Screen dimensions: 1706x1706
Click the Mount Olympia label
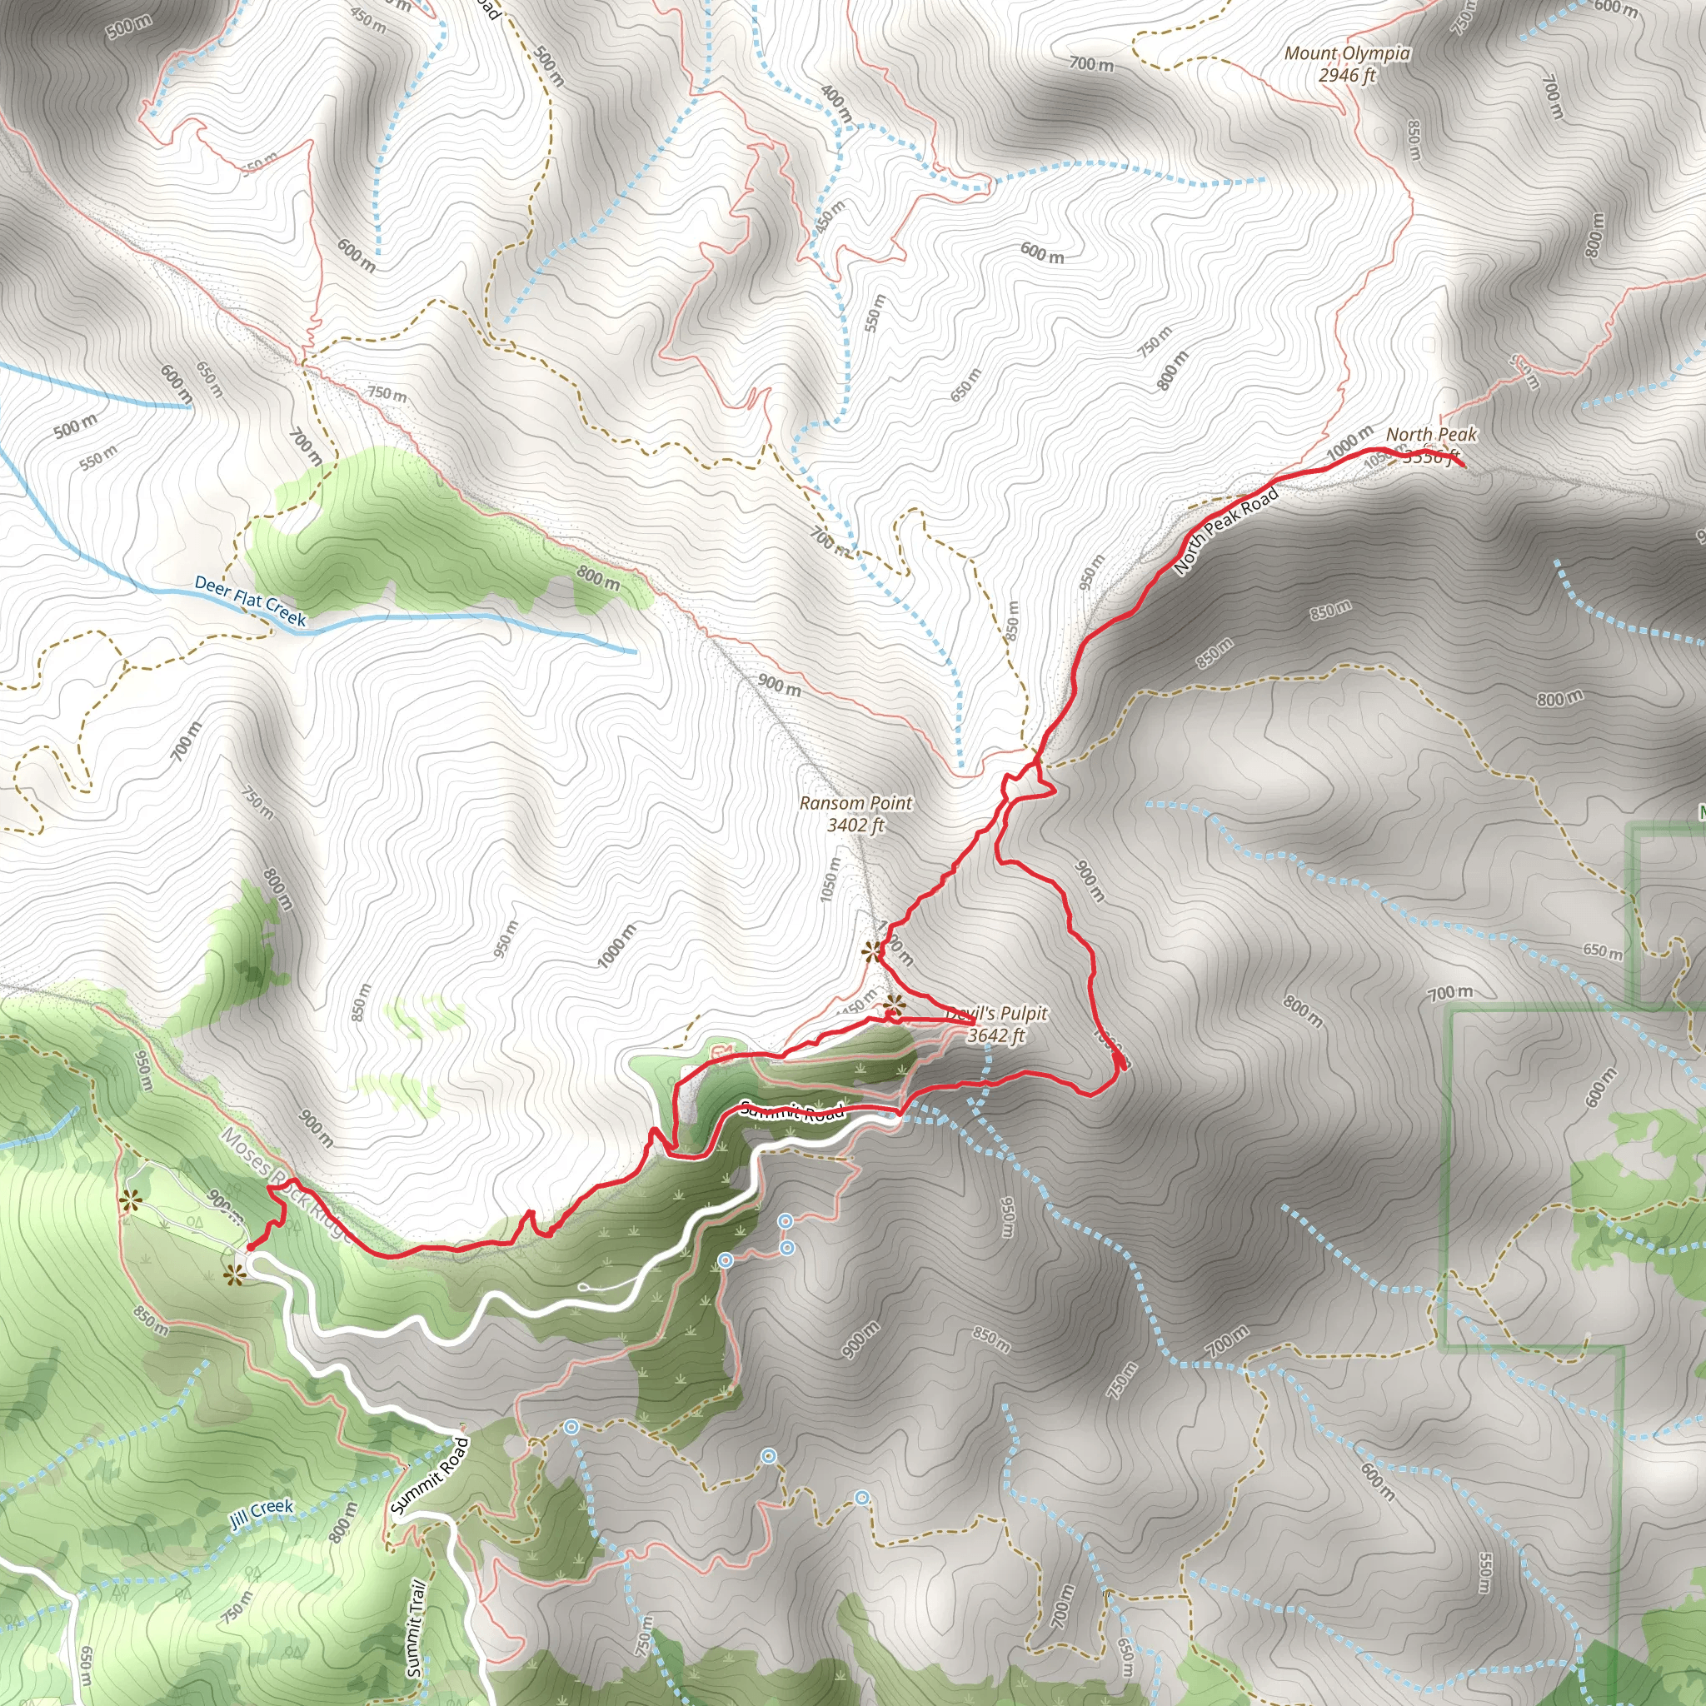1347,54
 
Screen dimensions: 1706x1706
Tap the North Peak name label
1430,435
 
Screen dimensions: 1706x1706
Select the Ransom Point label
855,804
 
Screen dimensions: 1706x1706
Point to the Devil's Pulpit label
997,1014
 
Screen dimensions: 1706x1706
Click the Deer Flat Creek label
250,601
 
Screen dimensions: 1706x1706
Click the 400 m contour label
836,103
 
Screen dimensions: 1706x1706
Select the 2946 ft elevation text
1347,76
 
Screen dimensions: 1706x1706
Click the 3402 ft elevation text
855,826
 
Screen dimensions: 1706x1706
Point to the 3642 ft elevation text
996,1035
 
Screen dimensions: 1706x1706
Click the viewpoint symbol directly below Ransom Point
873,950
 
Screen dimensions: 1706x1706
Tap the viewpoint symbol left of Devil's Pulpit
895,1004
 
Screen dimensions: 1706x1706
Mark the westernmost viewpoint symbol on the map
132,1200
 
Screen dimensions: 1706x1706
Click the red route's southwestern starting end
249,1249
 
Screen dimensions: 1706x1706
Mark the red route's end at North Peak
1463,466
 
